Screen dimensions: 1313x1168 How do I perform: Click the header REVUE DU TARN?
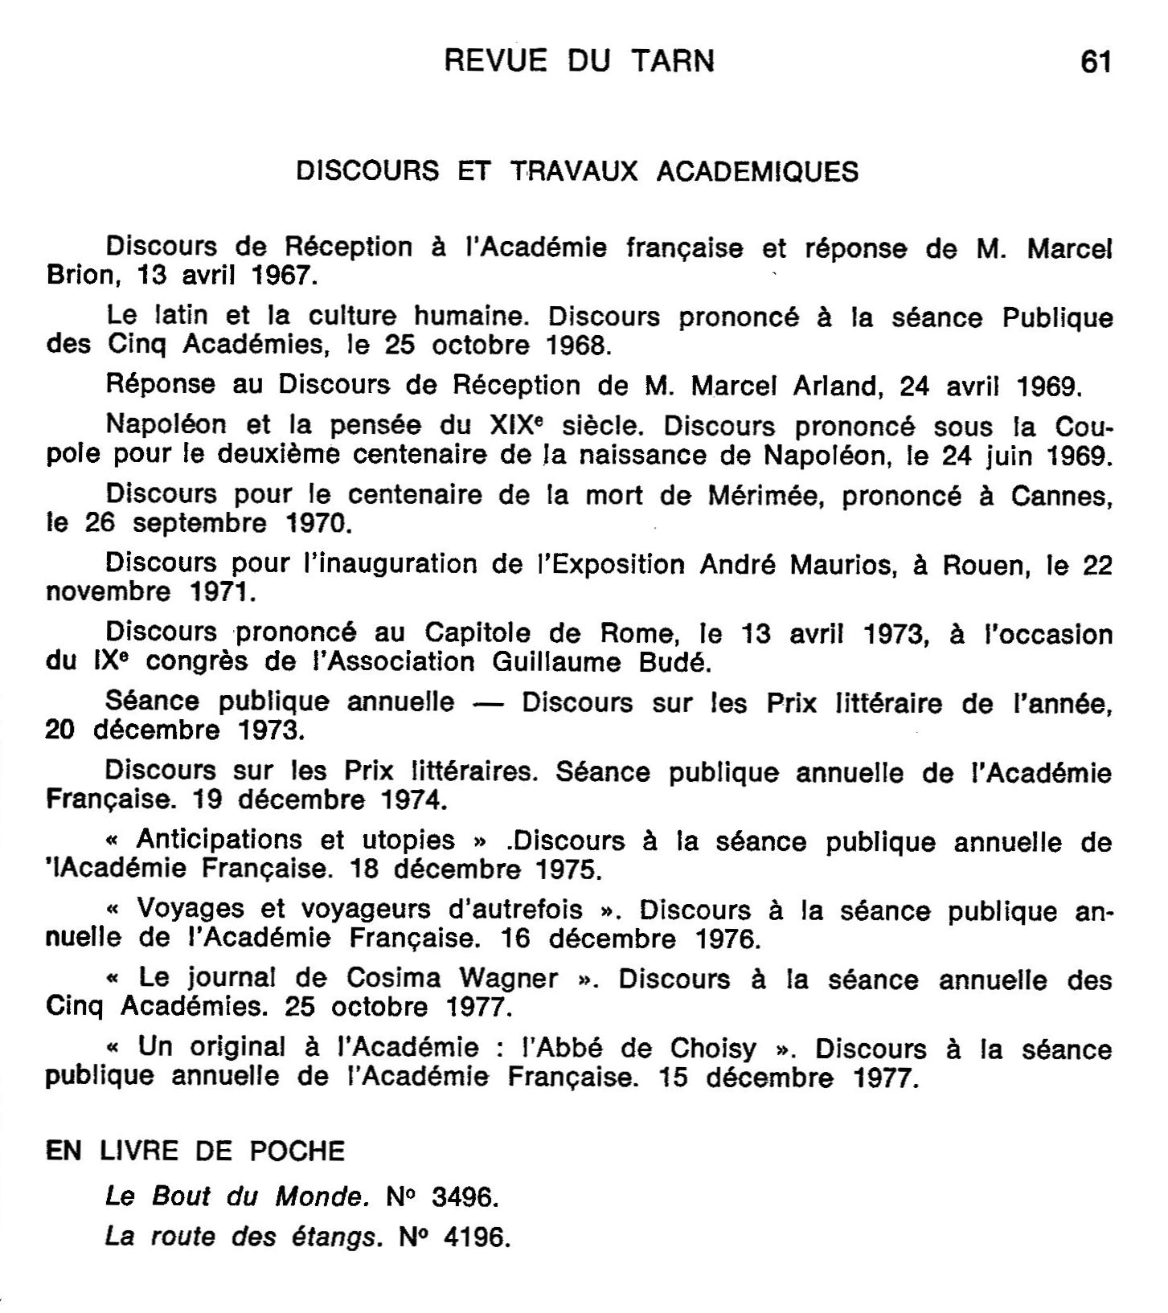(579, 61)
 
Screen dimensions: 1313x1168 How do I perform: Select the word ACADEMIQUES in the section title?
(757, 171)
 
